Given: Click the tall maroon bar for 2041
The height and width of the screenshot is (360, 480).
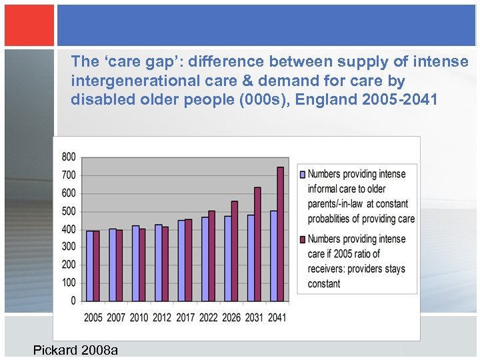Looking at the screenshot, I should pyautogui.click(x=280, y=234).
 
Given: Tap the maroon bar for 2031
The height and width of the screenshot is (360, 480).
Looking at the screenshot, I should pyautogui.click(x=257, y=244).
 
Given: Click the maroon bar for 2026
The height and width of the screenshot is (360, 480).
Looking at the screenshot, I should pyautogui.click(x=234, y=251).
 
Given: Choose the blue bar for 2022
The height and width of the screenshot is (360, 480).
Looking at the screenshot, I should pyautogui.click(x=205, y=259).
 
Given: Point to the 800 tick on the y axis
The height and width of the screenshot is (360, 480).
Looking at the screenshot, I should pyautogui.click(x=69, y=157).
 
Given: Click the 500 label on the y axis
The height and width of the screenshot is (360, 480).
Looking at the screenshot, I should pyautogui.click(x=69, y=211).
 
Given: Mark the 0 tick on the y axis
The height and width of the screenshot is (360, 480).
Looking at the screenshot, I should pyautogui.click(x=73, y=301).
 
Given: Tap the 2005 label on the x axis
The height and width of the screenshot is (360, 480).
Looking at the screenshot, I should pyautogui.click(x=93, y=317).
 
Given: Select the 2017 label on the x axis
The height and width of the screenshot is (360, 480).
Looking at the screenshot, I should pyautogui.click(x=185, y=317).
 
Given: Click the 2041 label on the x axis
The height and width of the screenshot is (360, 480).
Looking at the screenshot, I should pyautogui.click(x=276, y=317).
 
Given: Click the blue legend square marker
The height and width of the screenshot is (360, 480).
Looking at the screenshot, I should pyautogui.click(x=303, y=174).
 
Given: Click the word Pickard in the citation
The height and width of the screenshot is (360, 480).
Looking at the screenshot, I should pyautogui.click(x=55, y=350).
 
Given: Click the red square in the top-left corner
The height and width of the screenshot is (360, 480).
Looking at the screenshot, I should pyautogui.click(x=29, y=25).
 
